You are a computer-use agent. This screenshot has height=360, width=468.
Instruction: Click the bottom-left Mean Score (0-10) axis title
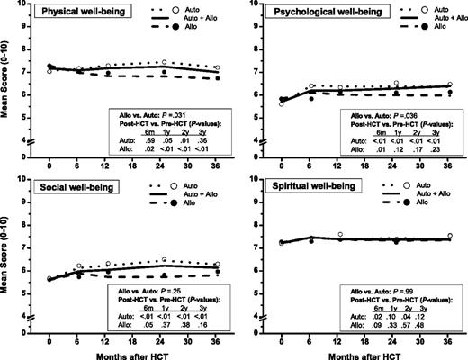[8, 261]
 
